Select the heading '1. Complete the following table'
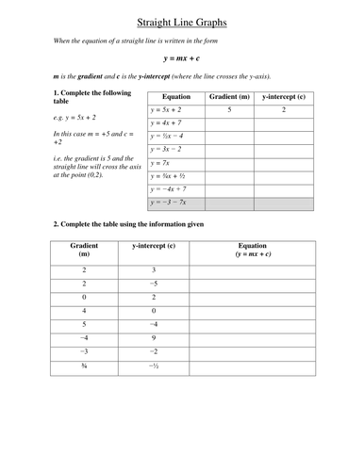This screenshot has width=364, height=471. (80, 98)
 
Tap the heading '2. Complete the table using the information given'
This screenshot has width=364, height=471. (127, 224)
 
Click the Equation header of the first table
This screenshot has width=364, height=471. (176, 97)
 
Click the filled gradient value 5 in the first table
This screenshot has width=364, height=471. (229, 110)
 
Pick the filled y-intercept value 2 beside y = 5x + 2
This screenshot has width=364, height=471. (284, 110)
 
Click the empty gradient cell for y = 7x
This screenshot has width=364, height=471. (229, 163)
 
